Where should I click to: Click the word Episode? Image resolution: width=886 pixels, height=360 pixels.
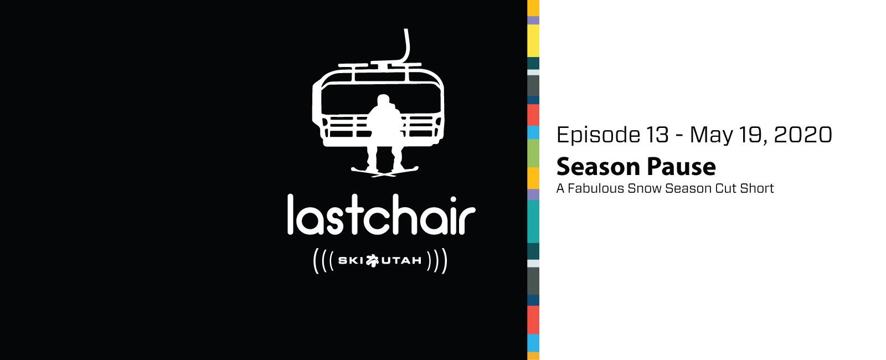[599, 135]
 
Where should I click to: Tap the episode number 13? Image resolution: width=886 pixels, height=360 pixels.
[657, 135]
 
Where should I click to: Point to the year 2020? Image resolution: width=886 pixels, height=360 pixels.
[803, 135]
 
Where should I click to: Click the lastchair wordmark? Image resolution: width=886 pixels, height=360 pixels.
[382, 214]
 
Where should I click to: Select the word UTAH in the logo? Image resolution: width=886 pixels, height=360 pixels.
[401, 261]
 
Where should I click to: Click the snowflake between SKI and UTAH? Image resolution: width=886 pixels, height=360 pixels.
[372, 261]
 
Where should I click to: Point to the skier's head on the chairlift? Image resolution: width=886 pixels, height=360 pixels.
[383, 100]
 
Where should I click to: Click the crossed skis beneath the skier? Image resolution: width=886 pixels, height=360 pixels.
[384, 171]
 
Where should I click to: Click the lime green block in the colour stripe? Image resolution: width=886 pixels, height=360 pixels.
[533, 153]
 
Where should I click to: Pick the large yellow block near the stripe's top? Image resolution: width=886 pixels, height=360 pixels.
[533, 41]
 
